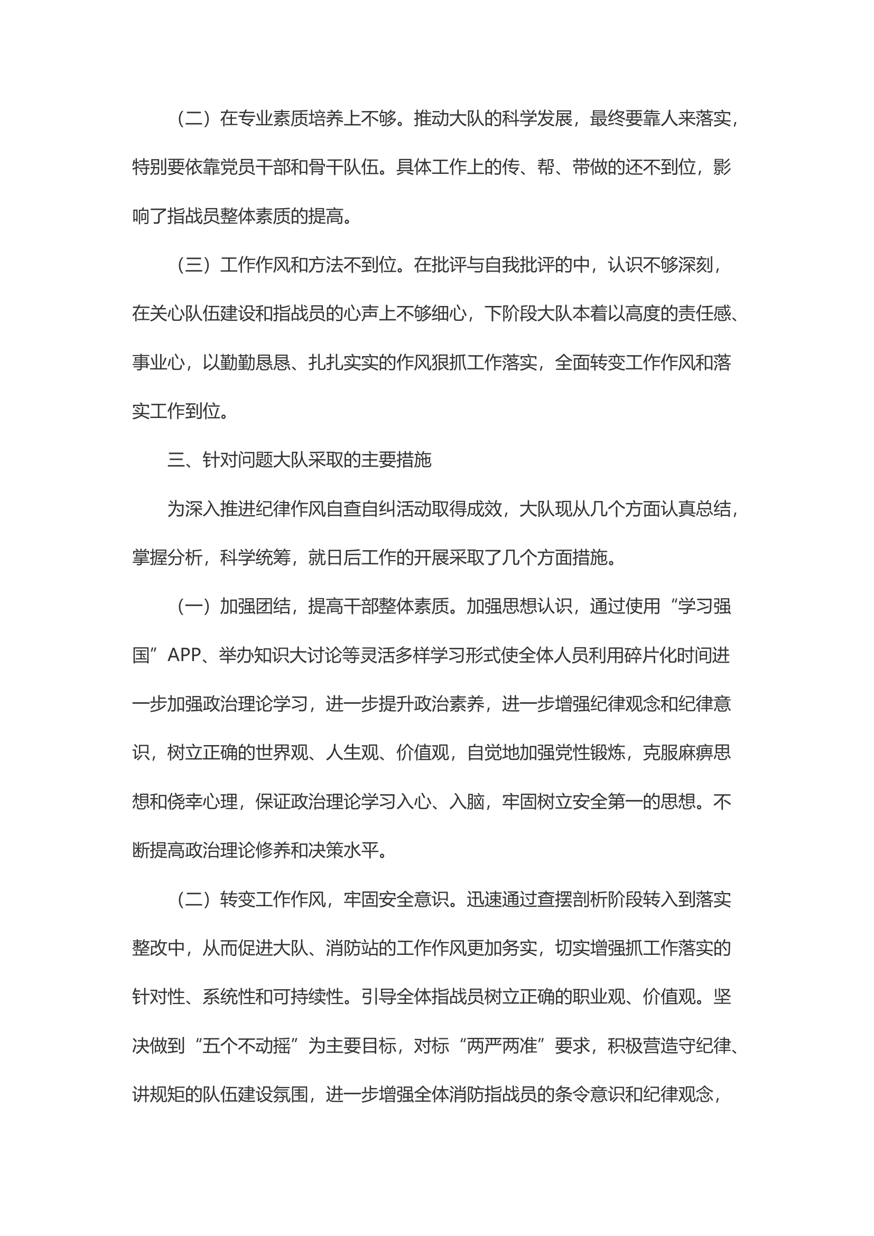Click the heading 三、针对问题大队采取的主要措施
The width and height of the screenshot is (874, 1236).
click(x=299, y=460)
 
